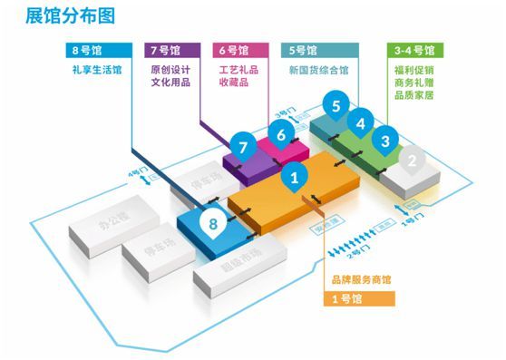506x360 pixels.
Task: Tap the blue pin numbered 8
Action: click(x=214, y=220)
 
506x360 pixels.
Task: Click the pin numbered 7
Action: click(x=242, y=145)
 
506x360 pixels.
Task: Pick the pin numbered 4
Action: click(x=361, y=122)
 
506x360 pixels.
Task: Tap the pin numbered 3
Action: click(x=384, y=141)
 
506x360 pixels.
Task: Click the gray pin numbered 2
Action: click(x=413, y=161)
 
